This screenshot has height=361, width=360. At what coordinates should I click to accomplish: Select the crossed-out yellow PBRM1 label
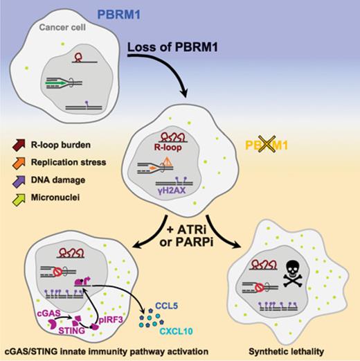click(264, 143)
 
